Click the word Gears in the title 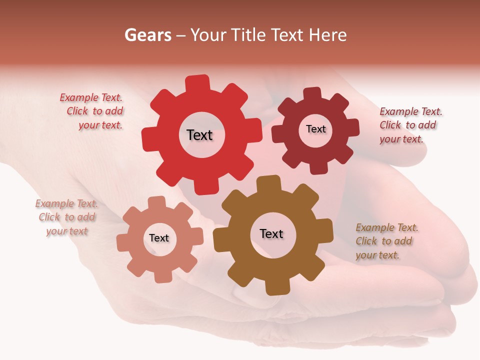point(147,35)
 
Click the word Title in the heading point(248,35)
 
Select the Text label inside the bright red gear point(199,135)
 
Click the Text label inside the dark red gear point(315,129)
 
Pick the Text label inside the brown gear point(271,233)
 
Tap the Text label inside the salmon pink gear point(159,238)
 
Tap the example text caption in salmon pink point(67,217)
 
